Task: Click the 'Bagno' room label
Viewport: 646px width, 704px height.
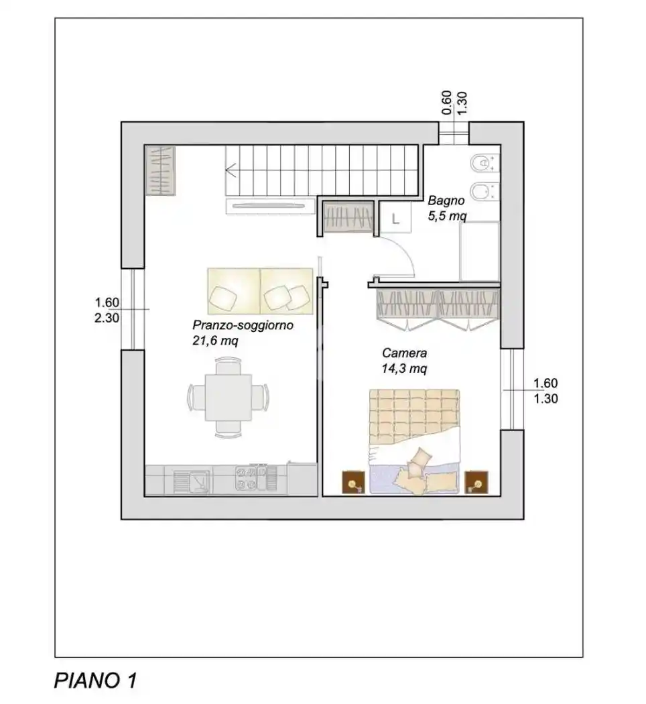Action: pyautogui.click(x=444, y=200)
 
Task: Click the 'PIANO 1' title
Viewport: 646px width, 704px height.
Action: pyautogui.click(x=95, y=681)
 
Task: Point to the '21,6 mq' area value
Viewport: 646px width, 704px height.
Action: pyautogui.click(x=215, y=341)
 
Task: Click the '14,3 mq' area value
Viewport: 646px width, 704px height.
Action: pyautogui.click(x=404, y=368)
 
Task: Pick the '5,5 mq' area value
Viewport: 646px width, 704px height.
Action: pyautogui.click(x=447, y=216)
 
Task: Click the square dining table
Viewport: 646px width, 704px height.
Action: pyautogui.click(x=228, y=397)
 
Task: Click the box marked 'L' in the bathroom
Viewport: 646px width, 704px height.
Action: pyautogui.click(x=395, y=217)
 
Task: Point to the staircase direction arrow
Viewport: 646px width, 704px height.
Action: pyautogui.click(x=231, y=170)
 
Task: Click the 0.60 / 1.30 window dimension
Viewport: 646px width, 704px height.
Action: pyautogui.click(x=454, y=104)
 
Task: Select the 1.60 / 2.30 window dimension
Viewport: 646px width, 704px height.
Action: pyautogui.click(x=107, y=310)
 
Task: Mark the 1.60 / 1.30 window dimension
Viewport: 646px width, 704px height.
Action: pyautogui.click(x=545, y=391)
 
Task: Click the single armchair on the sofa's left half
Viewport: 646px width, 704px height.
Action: pyautogui.click(x=222, y=296)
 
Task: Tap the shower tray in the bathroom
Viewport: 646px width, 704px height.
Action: pyautogui.click(x=479, y=252)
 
